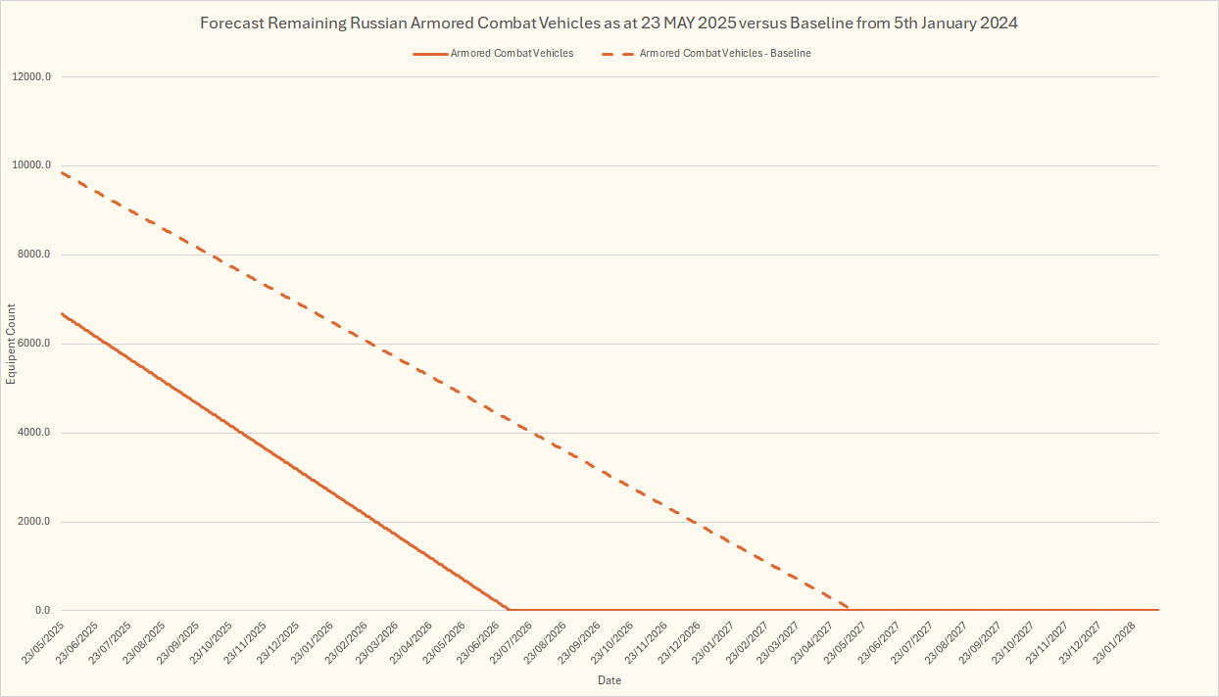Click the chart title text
[x=609, y=23]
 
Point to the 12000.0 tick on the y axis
[x=32, y=76]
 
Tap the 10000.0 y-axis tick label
[x=32, y=165]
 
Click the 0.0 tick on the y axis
[x=42, y=611]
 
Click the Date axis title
[x=609, y=680]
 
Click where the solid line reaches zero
[x=510, y=610]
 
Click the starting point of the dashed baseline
[x=62, y=172]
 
